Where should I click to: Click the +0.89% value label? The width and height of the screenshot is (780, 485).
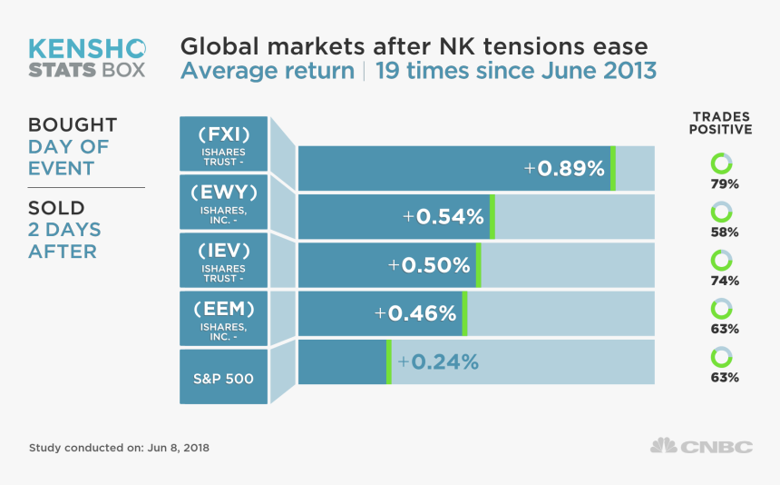coord(563,168)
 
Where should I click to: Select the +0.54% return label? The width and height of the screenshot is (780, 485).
coord(444,216)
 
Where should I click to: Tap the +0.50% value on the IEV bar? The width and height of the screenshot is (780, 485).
coord(429,265)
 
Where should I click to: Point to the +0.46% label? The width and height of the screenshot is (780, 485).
coord(415,313)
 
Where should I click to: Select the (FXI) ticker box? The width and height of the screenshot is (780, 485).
coord(223,144)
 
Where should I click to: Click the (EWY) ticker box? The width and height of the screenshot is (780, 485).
coord(223,201)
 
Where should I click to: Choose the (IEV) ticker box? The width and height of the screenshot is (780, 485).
coord(223,259)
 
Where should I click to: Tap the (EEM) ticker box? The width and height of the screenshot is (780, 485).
coord(223,318)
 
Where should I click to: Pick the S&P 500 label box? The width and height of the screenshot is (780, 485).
coord(223,376)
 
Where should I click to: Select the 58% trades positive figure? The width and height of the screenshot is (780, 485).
coord(725,232)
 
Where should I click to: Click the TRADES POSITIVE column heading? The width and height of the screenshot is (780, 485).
coord(722,123)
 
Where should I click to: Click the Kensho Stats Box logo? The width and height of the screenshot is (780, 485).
coord(86,57)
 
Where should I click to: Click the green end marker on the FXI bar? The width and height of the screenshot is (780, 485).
coord(613,168)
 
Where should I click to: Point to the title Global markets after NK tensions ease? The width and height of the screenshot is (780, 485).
coord(414,46)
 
